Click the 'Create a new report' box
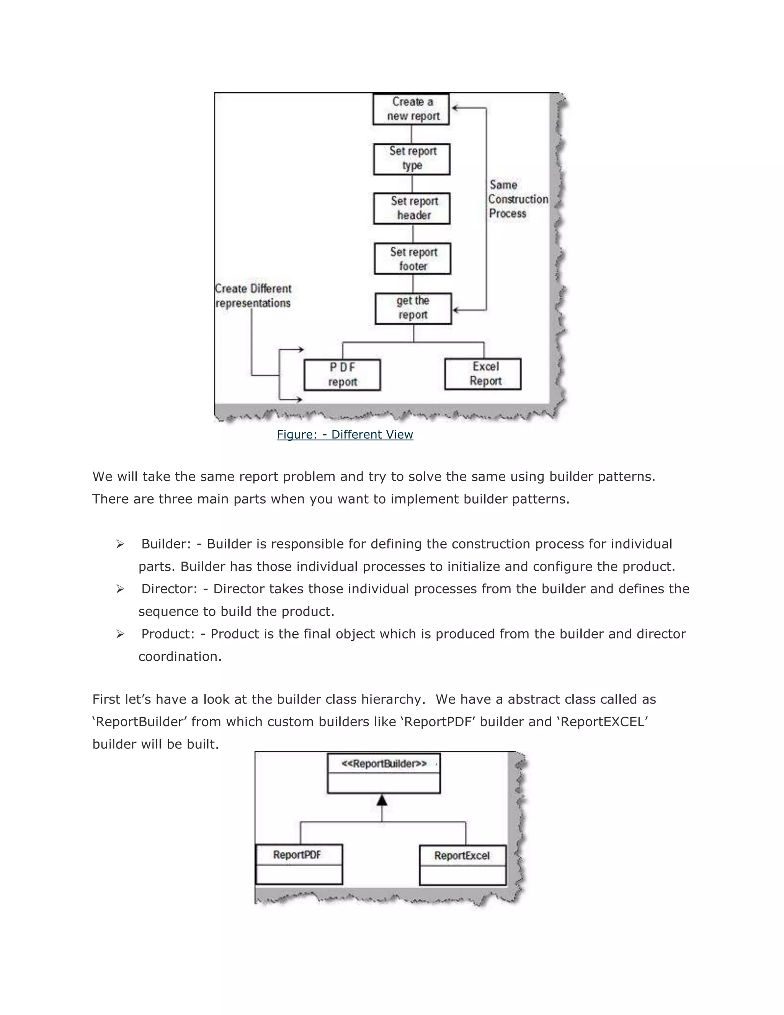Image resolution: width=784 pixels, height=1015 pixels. click(x=411, y=109)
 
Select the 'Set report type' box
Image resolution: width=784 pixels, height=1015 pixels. click(x=412, y=159)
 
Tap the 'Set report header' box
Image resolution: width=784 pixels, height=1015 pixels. click(x=412, y=209)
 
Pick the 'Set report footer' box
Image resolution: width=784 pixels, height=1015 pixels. click(x=412, y=259)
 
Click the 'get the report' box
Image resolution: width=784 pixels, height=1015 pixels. click(x=413, y=308)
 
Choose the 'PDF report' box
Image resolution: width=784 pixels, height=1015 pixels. click(x=342, y=375)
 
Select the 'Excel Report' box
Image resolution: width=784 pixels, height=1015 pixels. click(x=483, y=374)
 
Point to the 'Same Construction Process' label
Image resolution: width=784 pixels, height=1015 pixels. click(x=518, y=200)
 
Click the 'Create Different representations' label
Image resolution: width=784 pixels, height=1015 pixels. click(x=253, y=296)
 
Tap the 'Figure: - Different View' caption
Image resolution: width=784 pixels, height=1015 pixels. click(x=345, y=435)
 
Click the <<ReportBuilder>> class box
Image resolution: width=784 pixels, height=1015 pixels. click(x=384, y=773)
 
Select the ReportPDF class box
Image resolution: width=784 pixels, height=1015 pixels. click(x=299, y=864)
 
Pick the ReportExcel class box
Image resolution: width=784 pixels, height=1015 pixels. click(x=462, y=864)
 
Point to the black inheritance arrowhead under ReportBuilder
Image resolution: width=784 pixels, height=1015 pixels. click(x=382, y=800)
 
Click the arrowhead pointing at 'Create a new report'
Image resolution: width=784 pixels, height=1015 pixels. click(x=456, y=108)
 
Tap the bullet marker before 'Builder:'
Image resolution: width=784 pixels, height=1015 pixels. click(x=120, y=544)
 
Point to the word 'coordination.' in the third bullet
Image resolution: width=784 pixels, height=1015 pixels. click(x=180, y=656)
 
